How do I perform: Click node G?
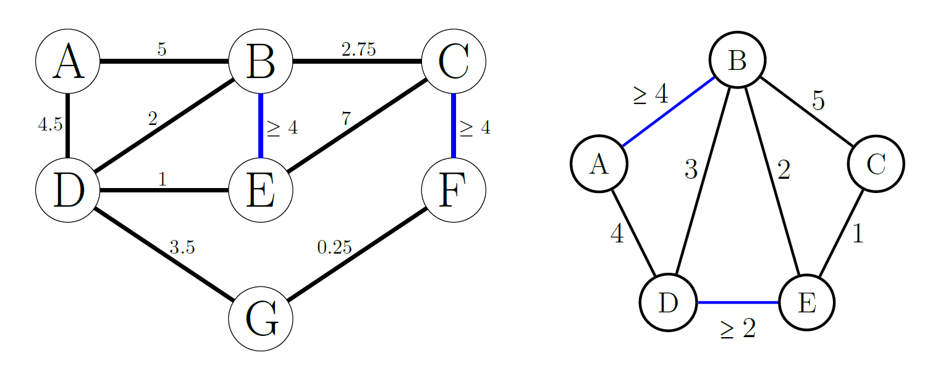[x=260, y=319]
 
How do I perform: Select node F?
[x=454, y=190]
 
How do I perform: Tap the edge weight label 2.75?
[x=358, y=49]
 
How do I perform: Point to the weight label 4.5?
[x=50, y=125]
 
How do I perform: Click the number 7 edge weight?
[x=346, y=119]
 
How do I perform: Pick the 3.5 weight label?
[x=182, y=247]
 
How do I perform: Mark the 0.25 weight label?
[x=334, y=247]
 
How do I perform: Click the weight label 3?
[x=691, y=169]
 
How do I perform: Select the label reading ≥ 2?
[x=738, y=330]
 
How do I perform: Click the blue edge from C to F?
[x=454, y=126]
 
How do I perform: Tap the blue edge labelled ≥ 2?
[x=738, y=302]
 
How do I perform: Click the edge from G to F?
[x=357, y=254]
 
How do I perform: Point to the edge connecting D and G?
[x=164, y=254]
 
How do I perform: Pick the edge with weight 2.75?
[x=357, y=61]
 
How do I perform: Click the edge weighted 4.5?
[x=68, y=126]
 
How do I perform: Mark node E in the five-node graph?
[x=807, y=302]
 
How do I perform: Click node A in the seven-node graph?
[x=68, y=61]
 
